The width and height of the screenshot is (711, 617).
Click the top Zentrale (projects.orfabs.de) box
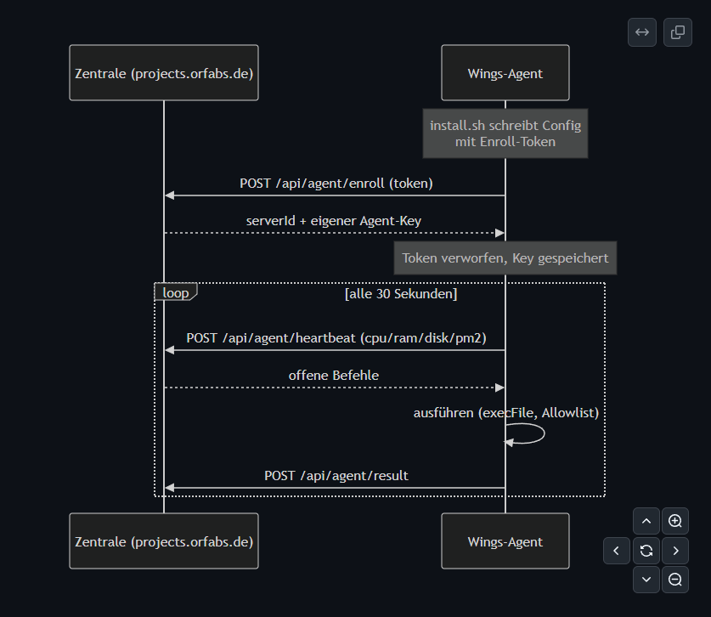tap(164, 72)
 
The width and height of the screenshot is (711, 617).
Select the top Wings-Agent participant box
tap(505, 72)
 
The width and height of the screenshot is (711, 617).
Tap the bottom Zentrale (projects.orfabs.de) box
tap(164, 541)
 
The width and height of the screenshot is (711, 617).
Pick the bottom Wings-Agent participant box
tap(505, 541)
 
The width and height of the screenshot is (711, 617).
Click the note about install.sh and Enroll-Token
tap(505, 133)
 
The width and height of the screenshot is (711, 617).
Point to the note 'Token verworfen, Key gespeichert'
tap(505, 258)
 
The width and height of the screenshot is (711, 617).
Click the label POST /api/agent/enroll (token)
tap(336, 184)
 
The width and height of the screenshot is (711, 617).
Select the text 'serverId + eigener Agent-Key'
tap(334, 221)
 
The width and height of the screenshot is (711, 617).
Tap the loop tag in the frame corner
tap(176, 292)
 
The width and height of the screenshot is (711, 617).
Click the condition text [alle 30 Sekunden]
tap(401, 294)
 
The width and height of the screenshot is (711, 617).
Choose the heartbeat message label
tap(336, 338)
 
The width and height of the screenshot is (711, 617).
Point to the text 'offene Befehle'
tap(334, 376)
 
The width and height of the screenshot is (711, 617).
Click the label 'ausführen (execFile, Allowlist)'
tap(506, 413)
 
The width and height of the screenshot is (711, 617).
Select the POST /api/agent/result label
tap(336, 475)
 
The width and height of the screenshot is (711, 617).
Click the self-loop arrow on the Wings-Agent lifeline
tap(544, 433)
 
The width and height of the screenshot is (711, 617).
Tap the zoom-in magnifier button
tap(675, 521)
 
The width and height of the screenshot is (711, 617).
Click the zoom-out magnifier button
tap(675, 580)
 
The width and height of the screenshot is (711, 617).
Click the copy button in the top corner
tap(678, 32)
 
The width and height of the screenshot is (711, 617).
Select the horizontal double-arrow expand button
tap(642, 32)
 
